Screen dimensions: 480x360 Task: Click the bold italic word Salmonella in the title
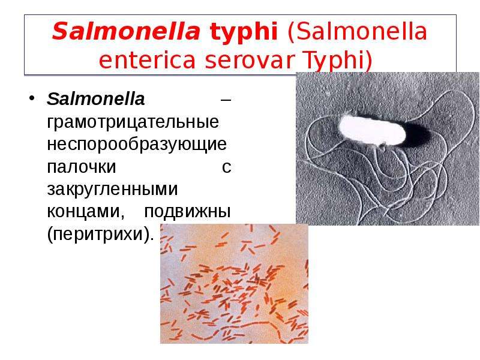(x=126, y=31)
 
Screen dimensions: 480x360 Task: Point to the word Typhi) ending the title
(x=338, y=61)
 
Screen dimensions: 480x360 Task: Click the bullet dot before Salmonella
(x=32, y=98)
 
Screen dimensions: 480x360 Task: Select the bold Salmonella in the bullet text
(x=95, y=99)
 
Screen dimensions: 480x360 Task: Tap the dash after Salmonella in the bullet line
(x=226, y=100)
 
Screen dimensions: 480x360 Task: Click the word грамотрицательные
(x=133, y=122)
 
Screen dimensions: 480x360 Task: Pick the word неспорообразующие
(x=137, y=145)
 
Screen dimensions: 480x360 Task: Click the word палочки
(x=82, y=167)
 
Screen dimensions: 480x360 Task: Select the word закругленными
(x=112, y=190)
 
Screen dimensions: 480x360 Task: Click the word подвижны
(x=187, y=212)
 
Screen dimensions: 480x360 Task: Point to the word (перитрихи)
(x=100, y=235)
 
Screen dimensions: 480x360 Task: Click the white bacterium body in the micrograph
(x=372, y=130)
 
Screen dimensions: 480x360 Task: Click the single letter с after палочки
(x=227, y=168)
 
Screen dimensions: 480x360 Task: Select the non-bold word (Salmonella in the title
(x=357, y=32)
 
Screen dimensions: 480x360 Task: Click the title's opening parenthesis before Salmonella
(x=290, y=32)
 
